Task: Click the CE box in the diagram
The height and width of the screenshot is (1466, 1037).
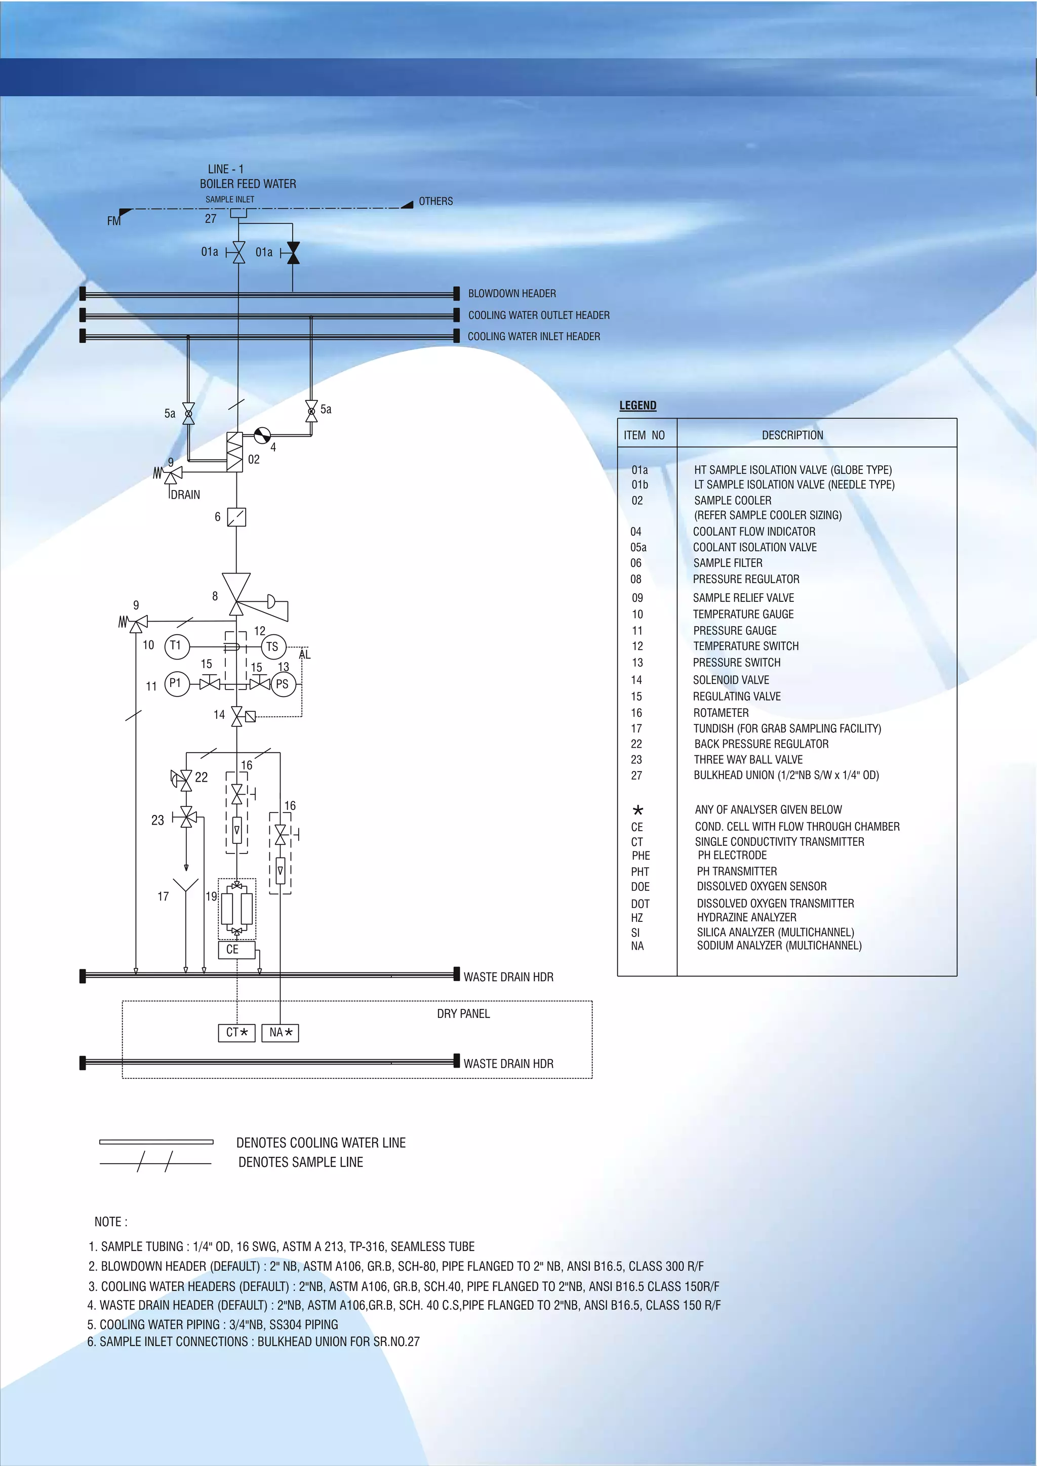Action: click(237, 950)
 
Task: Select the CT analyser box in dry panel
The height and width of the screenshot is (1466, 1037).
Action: click(237, 1033)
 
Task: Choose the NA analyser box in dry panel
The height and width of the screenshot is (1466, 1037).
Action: click(281, 1033)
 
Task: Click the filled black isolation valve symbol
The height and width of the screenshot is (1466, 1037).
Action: click(293, 253)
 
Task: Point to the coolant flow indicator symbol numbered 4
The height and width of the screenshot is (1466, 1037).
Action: click(262, 435)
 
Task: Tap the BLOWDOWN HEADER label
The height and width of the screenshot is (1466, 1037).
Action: click(512, 294)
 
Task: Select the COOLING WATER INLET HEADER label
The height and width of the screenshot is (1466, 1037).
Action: click(534, 337)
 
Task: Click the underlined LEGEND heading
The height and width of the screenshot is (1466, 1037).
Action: click(638, 405)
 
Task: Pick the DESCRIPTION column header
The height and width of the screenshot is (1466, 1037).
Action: click(792, 435)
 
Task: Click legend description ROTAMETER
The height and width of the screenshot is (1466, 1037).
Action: click(721, 713)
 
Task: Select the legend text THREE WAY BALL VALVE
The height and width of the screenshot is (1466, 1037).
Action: click(748, 760)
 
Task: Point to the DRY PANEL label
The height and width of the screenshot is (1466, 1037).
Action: click(464, 1014)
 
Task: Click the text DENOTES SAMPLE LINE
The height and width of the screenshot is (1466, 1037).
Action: click(301, 1162)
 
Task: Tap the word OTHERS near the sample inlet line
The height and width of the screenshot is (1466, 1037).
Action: click(435, 201)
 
